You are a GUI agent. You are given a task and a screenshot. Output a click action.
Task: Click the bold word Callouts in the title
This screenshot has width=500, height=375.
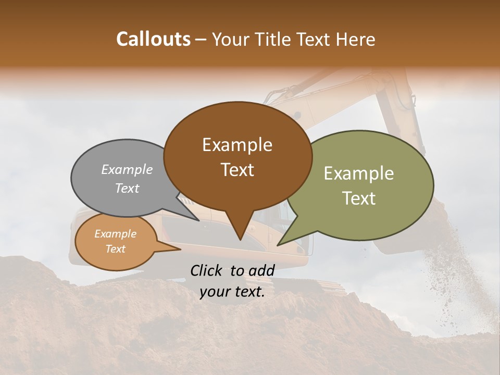click(x=153, y=39)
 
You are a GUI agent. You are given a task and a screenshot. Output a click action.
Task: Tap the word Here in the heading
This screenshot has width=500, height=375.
click(x=356, y=39)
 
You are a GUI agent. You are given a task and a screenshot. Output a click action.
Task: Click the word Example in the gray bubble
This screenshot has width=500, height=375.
click(x=127, y=169)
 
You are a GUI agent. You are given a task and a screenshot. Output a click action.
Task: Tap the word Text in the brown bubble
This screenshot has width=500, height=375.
click(x=238, y=170)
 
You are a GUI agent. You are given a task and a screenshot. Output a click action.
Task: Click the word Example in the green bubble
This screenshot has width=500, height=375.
click(x=359, y=173)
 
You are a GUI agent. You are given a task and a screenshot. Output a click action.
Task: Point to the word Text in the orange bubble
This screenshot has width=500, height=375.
click(x=116, y=249)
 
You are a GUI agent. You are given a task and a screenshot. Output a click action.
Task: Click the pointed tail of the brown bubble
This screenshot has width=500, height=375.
click(x=240, y=234)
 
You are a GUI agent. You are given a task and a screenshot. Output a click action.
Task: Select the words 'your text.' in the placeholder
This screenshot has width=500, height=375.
click(x=232, y=292)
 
